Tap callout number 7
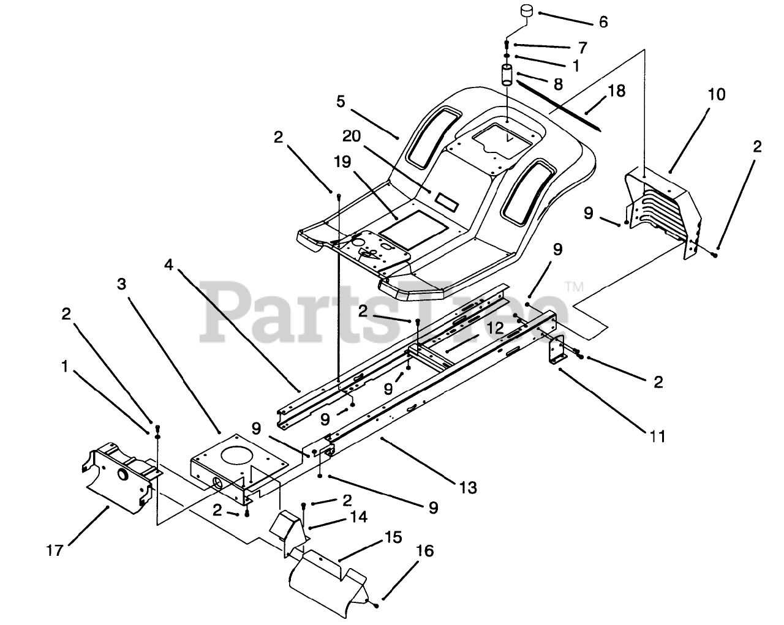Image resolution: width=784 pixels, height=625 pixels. pos(582,47)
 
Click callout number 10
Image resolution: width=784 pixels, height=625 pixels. pos(699,95)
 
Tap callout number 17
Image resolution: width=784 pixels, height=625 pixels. pos(55,550)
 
